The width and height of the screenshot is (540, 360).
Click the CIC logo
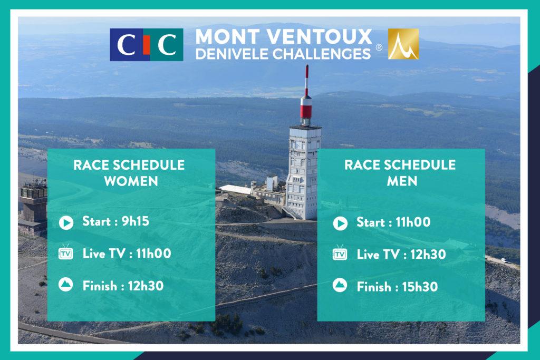click(x=147, y=45)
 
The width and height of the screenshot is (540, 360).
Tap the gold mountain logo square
click(x=403, y=44)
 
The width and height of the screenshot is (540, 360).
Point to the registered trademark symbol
click(x=379, y=47)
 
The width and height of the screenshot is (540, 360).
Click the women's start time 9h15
click(x=136, y=221)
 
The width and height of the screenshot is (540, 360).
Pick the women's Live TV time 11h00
click(x=153, y=254)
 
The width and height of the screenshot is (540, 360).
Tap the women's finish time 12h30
click(x=146, y=286)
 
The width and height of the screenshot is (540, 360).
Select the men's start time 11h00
click(x=413, y=222)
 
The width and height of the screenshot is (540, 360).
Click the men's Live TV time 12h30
click(x=428, y=255)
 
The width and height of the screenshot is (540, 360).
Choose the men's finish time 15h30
click(x=420, y=287)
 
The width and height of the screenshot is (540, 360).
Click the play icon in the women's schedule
click(x=66, y=222)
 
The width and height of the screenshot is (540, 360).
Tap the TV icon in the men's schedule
click(x=340, y=253)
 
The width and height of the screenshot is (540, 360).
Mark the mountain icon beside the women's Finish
click(x=65, y=284)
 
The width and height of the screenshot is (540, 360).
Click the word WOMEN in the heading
click(x=131, y=181)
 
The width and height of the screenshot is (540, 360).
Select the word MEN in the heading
click(x=402, y=181)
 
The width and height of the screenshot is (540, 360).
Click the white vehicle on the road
click(x=504, y=260)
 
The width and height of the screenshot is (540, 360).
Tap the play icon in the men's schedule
click(x=340, y=223)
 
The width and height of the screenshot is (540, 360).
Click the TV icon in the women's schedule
click(x=66, y=252)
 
